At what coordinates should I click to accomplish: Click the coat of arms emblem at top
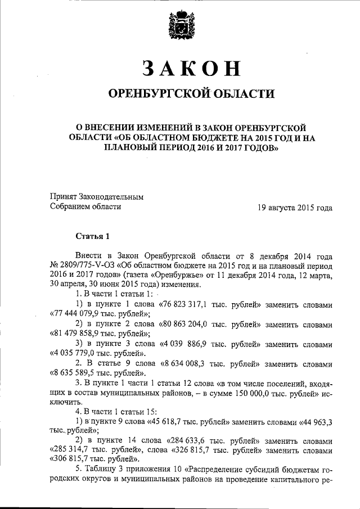180,25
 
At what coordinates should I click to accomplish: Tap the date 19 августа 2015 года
295,207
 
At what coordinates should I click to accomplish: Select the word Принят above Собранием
64,197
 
